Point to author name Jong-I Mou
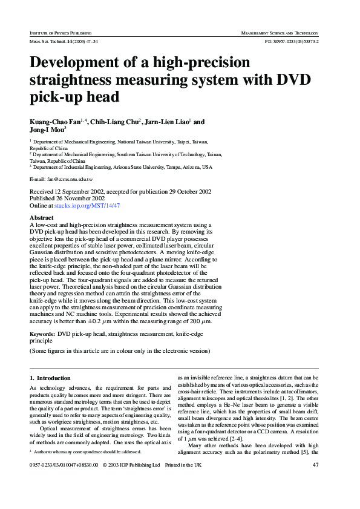click(x=47, y=130)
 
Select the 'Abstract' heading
click(x=41, y=217)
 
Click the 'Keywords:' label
click(x=42, y=333)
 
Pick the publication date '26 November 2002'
click(x=80, y=198)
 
